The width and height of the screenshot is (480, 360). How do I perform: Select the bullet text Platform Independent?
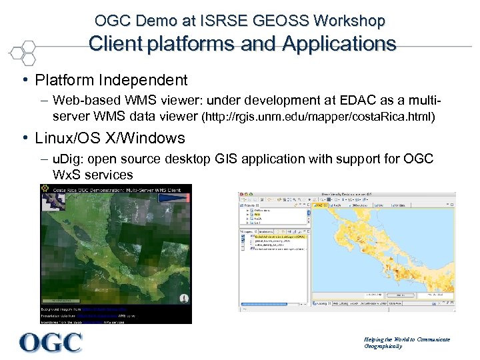point(111,81)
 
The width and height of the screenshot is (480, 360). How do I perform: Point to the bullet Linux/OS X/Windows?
point(110,139)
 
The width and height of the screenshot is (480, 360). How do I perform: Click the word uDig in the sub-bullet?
point(67,159)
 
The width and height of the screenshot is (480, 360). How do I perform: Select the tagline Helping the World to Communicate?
point(407,339)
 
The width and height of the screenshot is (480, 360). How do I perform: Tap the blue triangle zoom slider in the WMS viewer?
point(186,298)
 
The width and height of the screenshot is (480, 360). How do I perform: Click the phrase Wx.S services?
point(93,175)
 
